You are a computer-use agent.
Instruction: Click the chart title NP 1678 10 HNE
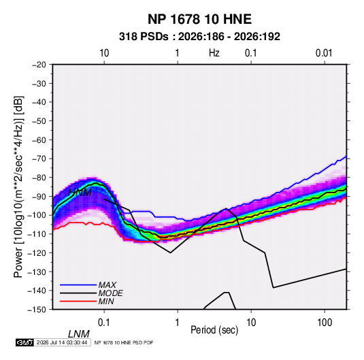[x=199, y=19]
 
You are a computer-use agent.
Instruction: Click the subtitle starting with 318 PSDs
[x=199, y=37]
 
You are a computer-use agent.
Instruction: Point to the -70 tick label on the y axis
[x=39, y=159]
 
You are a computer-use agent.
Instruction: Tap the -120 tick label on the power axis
[x=37, y=252]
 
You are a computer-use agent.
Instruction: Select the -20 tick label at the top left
[x=39, y=65]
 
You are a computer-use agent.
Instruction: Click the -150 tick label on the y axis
[x=37, y=310]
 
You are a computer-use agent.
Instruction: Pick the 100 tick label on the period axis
[x=325, y=323]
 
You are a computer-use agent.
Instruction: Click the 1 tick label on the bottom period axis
[x=178, y=323]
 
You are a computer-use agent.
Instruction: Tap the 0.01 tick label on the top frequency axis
[x=324, y=53]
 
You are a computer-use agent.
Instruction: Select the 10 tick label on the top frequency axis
[x=104, y=53]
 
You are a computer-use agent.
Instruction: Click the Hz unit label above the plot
[x=214, y=53]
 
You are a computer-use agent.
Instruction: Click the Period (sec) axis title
[x=214, y=330]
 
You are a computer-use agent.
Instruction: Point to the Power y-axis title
[x=18, y=187]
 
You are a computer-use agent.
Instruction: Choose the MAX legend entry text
[x=107, y=284]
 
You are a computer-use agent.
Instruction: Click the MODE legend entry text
[x=110, y=293]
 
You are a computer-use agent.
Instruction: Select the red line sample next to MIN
[x=78, y=301]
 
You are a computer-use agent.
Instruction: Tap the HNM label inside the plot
[x=80, y=193]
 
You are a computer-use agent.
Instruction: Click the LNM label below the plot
[x=79, y=334]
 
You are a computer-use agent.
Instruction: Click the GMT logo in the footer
[x=25, y=342]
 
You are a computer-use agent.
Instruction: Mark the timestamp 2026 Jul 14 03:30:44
[x=62, y=342]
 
